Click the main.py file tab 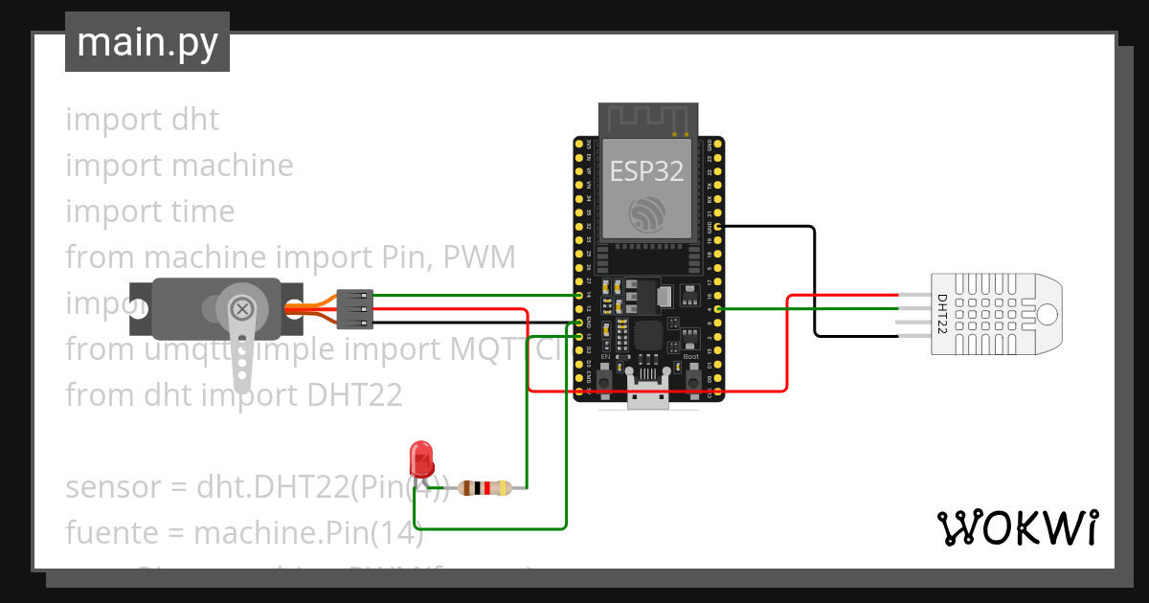point(146,42)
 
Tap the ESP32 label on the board point(647,170)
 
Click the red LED point(420,458)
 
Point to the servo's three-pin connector point(354,309)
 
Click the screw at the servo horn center point(243,308)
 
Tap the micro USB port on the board point(648,394)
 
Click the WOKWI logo point(1016,527)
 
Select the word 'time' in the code point(203,212)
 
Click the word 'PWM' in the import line point(478,257)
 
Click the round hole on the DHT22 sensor point(1048,313)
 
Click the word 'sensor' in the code point(111,487)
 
